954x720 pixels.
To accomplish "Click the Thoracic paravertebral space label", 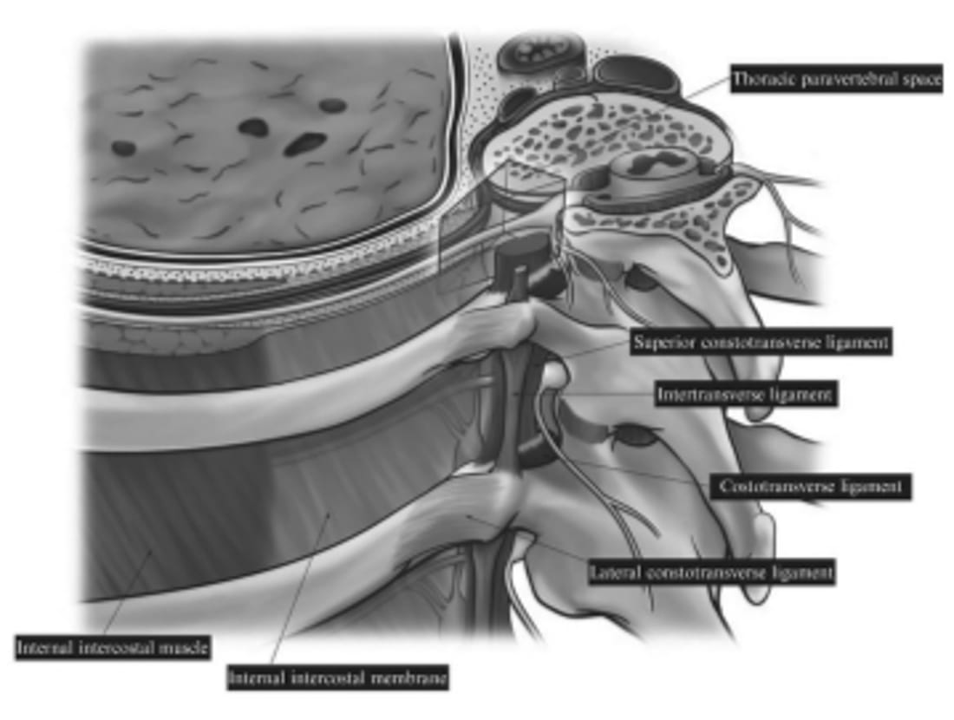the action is (835, 80).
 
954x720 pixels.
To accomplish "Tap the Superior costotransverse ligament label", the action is (761, 342).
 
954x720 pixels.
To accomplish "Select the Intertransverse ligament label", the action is (745, 396).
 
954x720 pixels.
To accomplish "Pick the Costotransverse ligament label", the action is (811, 487).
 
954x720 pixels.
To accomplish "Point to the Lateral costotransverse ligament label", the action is (711, 573).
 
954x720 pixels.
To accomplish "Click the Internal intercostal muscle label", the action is (113, 647).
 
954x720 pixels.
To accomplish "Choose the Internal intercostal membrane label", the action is (338, 677).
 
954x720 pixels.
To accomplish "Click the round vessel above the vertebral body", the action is (531, 51).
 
